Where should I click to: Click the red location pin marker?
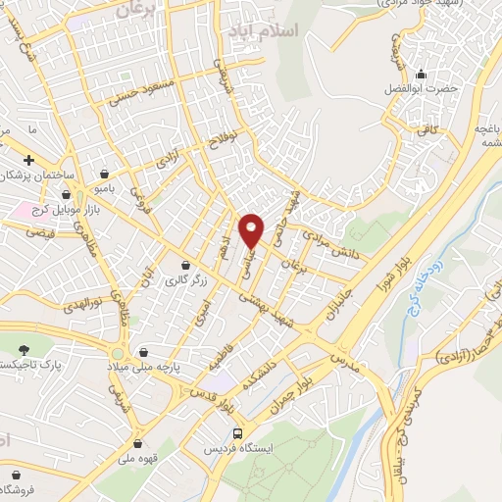click(x=253, y=228)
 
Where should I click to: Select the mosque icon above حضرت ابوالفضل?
click(x=423, y=74)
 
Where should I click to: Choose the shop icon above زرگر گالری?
click(x=185, y=266)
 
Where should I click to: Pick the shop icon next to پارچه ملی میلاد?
click(x=143, y=351)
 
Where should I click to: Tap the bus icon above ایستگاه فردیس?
click(x=239, y=432)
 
